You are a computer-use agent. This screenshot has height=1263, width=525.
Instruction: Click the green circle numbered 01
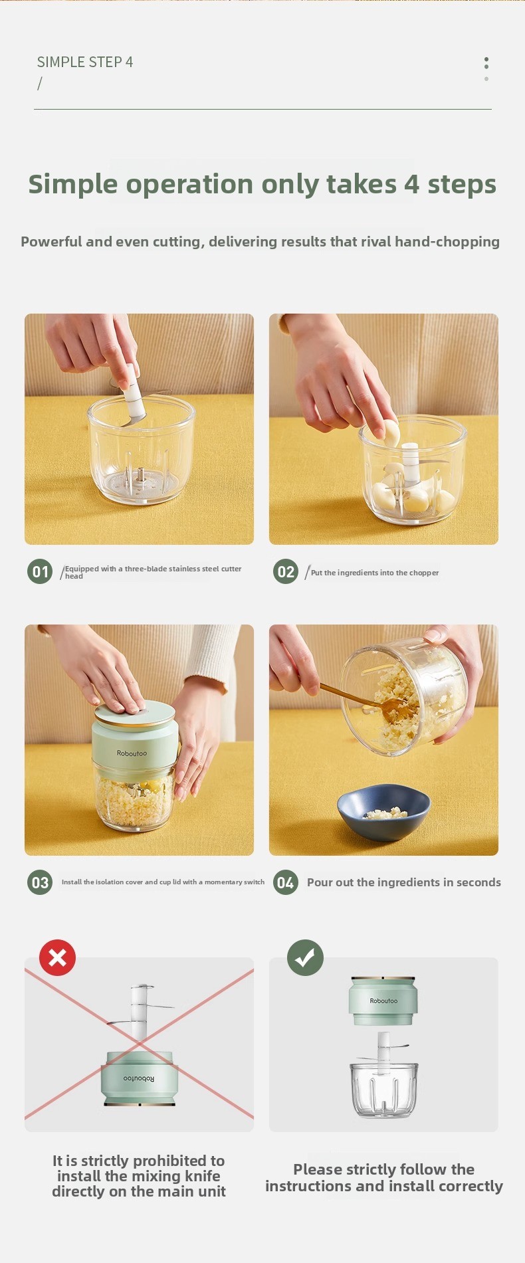40,571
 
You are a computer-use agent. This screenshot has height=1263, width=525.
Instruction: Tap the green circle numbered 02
286,571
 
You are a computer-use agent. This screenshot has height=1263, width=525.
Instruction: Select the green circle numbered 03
40,882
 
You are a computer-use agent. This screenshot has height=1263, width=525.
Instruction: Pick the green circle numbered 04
286,882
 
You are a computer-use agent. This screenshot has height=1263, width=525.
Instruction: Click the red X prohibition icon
58,957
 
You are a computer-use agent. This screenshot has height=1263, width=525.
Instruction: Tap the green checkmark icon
305,957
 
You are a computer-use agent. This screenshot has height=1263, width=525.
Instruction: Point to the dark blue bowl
383,811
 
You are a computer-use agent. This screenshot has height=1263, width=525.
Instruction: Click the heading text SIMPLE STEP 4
85,62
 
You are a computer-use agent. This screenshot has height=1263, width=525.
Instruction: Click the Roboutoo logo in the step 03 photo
132,753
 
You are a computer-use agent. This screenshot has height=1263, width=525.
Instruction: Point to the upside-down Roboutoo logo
138,1078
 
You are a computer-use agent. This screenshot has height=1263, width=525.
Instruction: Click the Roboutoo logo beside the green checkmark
383,1001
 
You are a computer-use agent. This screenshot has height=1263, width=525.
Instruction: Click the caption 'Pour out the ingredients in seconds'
404,882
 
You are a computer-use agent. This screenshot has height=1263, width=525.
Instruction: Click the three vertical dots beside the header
486,68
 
